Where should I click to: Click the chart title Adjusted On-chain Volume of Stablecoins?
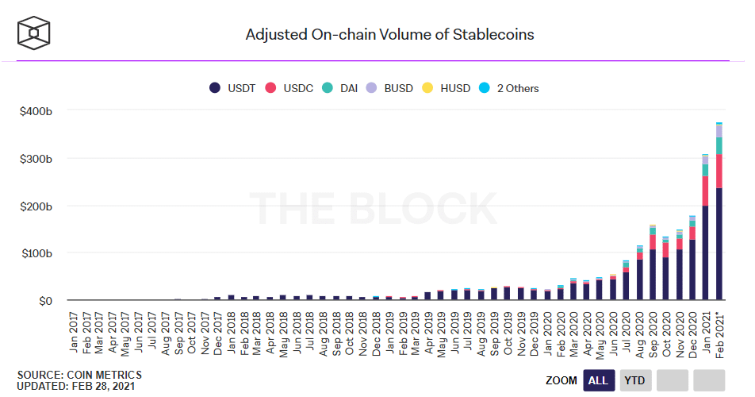coord(389,35)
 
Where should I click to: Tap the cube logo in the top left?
coord(33,33)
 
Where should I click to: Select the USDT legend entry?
coord(232,88)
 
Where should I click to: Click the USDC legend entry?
coord(289,88)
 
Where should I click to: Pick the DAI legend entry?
coord(339,88)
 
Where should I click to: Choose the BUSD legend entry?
coord(389,88)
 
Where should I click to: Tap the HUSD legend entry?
coord(446,88)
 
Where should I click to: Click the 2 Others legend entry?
coord(509,88)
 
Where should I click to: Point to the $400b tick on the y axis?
coord(36,111)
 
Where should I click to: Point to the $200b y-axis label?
coord(36,206)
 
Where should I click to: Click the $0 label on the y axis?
coord(45,301)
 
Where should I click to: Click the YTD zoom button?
coord(634,380)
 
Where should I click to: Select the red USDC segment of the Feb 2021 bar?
coord(719,171)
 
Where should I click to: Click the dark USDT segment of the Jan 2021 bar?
coord(705,253)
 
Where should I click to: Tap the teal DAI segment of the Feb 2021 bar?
coord(719,146)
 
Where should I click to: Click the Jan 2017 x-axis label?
coord(74,332)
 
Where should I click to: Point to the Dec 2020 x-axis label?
coord(693,334)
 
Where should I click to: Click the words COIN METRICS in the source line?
coord(105,375)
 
